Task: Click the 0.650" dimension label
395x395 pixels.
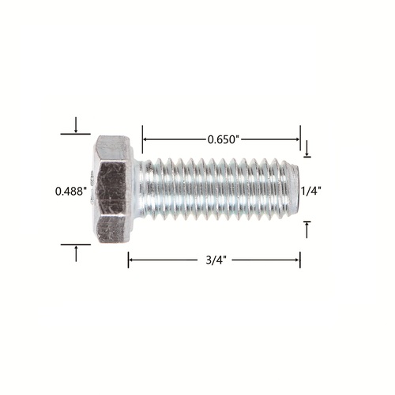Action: click(223, 139)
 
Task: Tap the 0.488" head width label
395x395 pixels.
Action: click(71, 192)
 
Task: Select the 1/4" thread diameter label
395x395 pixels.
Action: click(311, 191)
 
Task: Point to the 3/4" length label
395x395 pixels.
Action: click(216, 260)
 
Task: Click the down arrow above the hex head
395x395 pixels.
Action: click(76, 124)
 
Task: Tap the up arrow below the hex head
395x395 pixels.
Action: click(76, 253)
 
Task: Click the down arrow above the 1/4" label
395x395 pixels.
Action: click(307, 148)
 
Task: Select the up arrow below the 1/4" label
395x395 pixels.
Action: click(307, 230)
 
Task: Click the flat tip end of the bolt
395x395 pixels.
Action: click(295, 188)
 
